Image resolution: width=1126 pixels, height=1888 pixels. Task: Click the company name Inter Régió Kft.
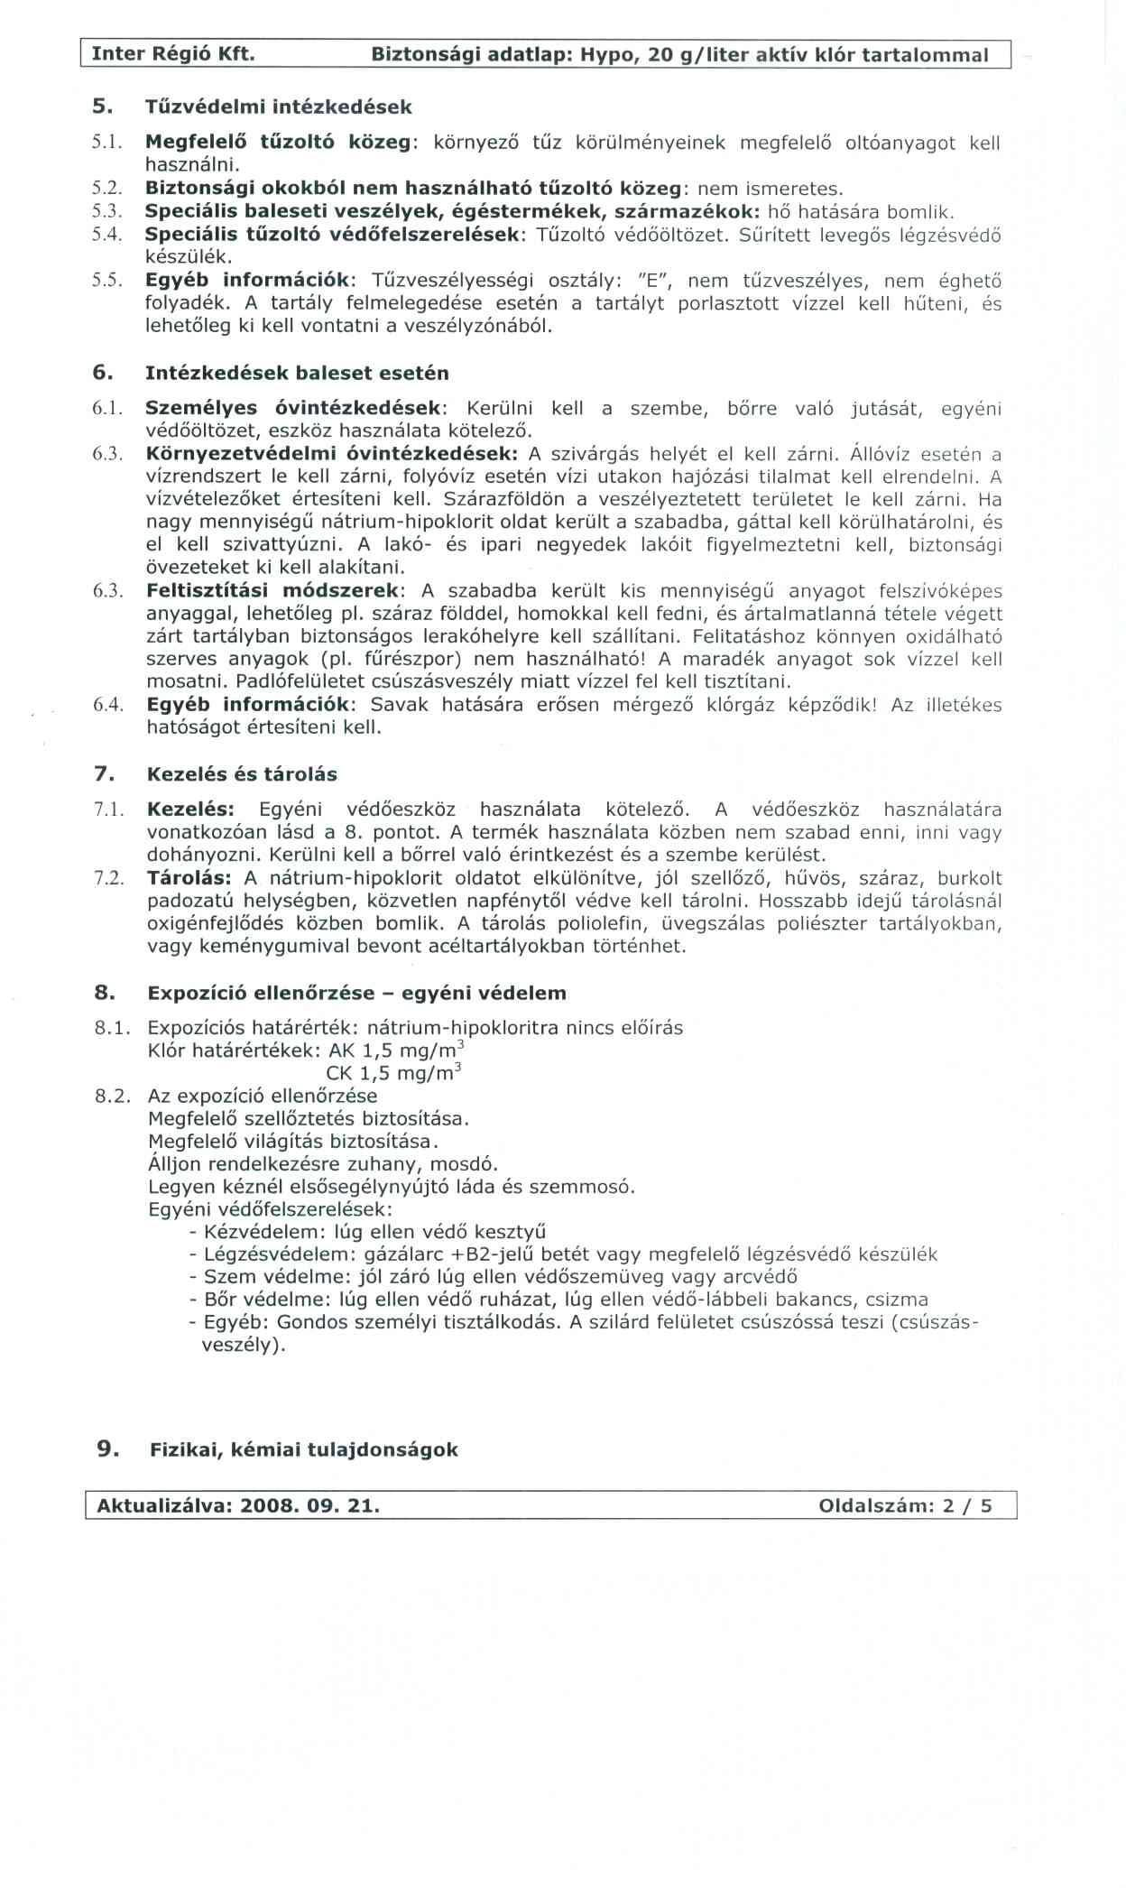[x=173, y=54]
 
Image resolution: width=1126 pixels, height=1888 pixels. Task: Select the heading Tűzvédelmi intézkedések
[x=278, y=106]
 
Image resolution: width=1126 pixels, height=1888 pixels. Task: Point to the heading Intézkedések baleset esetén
[x=297, y=373]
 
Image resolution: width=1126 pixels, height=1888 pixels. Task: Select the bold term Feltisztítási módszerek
[x=274, y=591]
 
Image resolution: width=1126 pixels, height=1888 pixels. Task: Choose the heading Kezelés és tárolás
[x=242, y=773]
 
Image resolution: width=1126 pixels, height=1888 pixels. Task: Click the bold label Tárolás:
[x=189, y=878]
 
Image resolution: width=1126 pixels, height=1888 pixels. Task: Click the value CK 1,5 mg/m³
[x=393, y=1072]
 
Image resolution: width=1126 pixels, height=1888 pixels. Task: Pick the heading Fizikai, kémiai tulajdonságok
[x=303, y=1449]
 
